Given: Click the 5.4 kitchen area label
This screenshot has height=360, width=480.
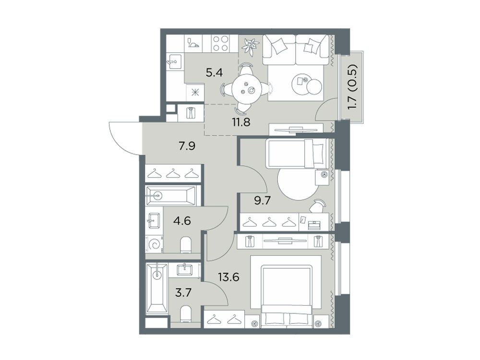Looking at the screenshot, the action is point(214,73).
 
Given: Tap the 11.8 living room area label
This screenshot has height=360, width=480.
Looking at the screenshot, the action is point(241,122).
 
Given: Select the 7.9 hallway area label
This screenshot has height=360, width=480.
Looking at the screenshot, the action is point(187,146).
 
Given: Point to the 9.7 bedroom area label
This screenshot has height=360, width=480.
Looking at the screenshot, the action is point(263,201).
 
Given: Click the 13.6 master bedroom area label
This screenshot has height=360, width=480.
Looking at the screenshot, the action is point(228,277).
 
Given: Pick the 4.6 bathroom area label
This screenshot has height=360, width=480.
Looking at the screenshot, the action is point(182,220).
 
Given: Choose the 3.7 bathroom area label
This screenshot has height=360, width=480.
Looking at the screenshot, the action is point(183,293).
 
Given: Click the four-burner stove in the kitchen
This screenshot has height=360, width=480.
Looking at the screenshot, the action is point(220,43).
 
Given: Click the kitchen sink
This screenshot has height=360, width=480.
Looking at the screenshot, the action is point(175,63).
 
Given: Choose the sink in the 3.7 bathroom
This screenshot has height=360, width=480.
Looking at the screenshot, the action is point(185,270).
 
